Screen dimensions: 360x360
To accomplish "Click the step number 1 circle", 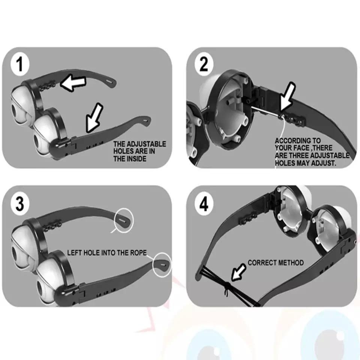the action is coord(20,64).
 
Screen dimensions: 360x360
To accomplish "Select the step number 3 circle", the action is coord(20,203).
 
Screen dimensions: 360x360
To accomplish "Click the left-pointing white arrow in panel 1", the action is coord(73,83).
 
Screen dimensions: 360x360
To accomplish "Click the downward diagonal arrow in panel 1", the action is coord(94,118).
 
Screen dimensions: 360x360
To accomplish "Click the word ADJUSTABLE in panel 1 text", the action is coord(146,144).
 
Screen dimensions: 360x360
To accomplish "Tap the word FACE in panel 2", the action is coord(302,148).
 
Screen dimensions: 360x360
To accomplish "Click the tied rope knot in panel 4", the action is coord(226,286).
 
